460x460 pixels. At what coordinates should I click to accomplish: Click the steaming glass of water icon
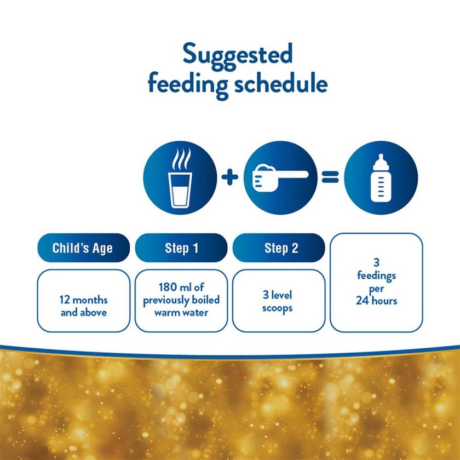pos(180,177)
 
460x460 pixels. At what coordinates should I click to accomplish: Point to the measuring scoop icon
pos(280,177)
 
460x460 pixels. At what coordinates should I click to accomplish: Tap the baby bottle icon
pos(381,177)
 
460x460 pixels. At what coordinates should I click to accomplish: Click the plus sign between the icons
pos(230,177)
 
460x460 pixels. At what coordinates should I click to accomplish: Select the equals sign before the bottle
pos(330,177)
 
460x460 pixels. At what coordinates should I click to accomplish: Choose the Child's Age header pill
pos(83,248)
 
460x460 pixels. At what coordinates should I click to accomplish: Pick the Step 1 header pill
pos(181,248)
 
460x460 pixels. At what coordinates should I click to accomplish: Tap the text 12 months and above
pos(83,307)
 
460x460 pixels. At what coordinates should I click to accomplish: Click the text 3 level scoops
pos(278,302)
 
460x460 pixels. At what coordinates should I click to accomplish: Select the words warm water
pos(181,313)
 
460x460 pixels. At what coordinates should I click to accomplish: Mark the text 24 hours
pos(376,300)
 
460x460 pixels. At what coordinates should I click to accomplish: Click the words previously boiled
pos(181,301)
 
